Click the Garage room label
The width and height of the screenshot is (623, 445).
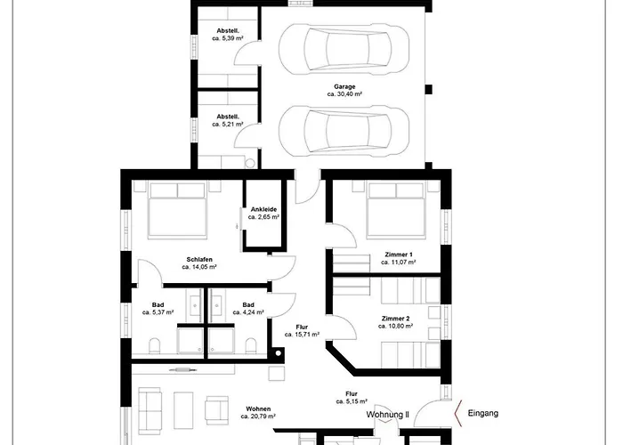[x=344, y=86]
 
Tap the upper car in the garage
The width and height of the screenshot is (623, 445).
[x=344, y=49]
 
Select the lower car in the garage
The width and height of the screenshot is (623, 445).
[x=344, y=132]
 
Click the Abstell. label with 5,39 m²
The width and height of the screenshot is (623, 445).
[x=228, y=31]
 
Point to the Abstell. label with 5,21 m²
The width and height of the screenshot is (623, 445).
[x=228, y=117]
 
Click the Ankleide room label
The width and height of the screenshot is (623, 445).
[x=263, y=209]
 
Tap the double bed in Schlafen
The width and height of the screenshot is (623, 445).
[x=177, y=210]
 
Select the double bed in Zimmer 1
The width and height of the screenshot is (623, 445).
[x=396, y=210]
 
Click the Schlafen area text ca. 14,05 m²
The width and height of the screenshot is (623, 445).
[x=199, y=267]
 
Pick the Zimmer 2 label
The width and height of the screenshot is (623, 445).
[x=395, y=319]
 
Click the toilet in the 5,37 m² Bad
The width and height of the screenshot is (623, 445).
[x=154, y=346]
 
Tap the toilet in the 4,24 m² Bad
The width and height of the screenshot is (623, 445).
[x=250, y=346]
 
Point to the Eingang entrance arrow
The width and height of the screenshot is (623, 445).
[x=457, y=413]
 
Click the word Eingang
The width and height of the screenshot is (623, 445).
[x=482, y=413]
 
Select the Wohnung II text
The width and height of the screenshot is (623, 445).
[x=387, y=415]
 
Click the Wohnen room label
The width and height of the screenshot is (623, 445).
[x=258, y=409]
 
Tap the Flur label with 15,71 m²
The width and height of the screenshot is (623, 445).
[x=302, y=327]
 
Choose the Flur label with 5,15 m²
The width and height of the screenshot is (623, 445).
[x=352, y=394]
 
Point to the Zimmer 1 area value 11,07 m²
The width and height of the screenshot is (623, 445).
[x=399, y=263]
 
